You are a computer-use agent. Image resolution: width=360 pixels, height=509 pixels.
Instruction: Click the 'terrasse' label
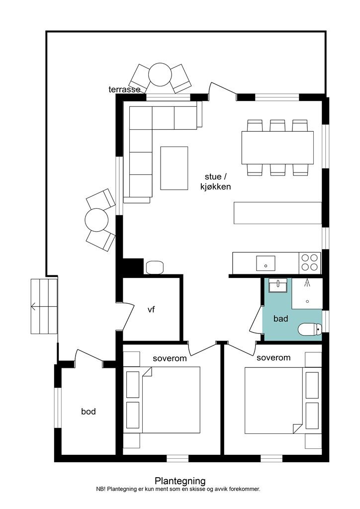point(124,89)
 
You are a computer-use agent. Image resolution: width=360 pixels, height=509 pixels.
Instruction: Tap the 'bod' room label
point(89,412)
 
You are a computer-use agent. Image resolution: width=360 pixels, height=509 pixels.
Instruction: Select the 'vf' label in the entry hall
point(151,310)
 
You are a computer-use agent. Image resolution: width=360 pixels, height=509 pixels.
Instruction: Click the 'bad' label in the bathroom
point(281,319)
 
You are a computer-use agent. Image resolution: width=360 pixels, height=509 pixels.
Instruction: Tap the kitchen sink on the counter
point(266,263)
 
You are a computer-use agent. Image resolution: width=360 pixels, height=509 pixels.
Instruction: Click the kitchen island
point(277,213)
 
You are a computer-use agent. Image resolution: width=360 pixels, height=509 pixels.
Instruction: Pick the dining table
point(277,148)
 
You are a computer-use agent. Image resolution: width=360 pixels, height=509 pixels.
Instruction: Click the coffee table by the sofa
point(174,168)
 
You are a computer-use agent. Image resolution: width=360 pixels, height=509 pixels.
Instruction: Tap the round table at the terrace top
point(160,75)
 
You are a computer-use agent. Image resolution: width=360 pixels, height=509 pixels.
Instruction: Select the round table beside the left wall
point(96,219)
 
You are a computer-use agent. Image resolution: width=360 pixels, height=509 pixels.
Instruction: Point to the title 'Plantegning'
point(180,481)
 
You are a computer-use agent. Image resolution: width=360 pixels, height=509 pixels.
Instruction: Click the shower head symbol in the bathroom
point(307,283)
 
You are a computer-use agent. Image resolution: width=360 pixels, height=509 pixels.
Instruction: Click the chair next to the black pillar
point(155,267)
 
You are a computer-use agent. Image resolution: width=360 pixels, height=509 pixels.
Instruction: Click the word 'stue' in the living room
point(213,177)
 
